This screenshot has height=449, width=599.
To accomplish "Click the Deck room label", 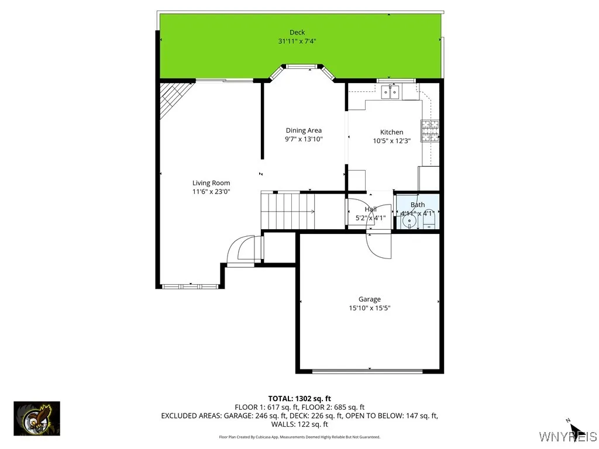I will click(x=297, y=33).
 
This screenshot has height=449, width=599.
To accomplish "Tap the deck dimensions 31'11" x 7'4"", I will click(x=297, y=42).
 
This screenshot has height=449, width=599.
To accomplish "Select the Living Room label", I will click(x=211, y=183).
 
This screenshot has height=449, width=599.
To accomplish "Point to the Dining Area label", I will click(x=304, y=130).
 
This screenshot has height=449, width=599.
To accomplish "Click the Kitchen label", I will click(x=391, y=132).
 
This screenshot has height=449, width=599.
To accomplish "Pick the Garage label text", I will click(x=369, y=299).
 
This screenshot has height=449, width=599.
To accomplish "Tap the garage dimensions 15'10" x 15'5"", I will click(x=369, y=308).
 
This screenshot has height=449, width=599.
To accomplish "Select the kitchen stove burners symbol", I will click(x=430, y=130).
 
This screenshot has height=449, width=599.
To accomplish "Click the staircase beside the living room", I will click(x=288, y=211).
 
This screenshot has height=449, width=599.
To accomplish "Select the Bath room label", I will click(x=418, y=205).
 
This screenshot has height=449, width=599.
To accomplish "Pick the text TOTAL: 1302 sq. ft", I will click(x=299, y=399).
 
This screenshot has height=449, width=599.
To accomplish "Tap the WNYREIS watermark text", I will click(x=567, y=437).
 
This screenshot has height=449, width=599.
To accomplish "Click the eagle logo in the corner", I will click(x=37, y=419).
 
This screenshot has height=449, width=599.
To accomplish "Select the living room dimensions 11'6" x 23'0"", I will click(x=211, y=192).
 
